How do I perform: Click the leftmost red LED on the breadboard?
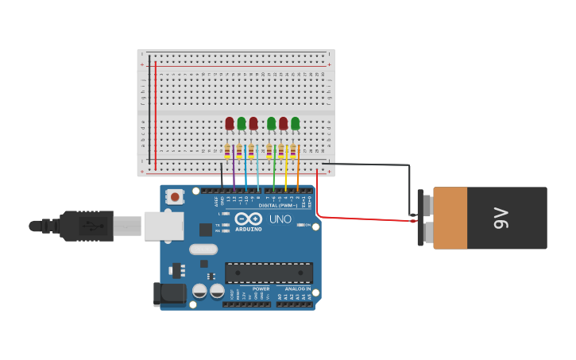click(x=230, y=123)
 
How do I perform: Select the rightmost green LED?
click(x=295, y=123)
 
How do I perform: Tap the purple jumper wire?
click(x=234, y=171)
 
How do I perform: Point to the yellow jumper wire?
click(x=286, y=171)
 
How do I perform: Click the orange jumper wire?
click(x=298, y=171)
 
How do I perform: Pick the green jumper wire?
click(x=274, y=171)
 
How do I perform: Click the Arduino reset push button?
click(x=174, y=195)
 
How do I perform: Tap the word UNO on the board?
click(x=280, y=219)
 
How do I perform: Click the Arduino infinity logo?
click(x=248, y=219)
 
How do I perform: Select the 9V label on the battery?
click(x=501, y=218)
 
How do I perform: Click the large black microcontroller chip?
click(x=268, y=273)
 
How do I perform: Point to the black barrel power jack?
click(x=169, y=294)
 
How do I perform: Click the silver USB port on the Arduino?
click(x=164, y=226)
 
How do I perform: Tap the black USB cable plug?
click(x=87, y=226)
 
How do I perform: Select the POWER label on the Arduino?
click(x=261, y=288)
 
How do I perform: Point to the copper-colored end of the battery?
click(x=450, y=218)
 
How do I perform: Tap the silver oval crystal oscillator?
click(x=203, y=250)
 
